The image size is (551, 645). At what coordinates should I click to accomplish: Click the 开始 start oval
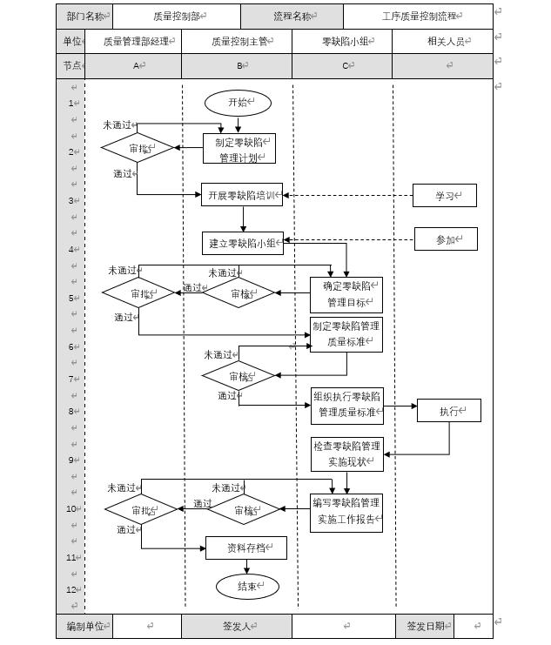(x=238, y=103)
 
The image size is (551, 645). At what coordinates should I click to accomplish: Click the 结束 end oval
(x=247, y=587)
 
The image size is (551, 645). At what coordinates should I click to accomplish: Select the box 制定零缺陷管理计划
(x=239, y=149)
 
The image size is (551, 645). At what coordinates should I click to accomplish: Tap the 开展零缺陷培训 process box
(x=242, y=195)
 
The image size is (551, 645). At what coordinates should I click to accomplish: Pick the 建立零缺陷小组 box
(x=243, y=243)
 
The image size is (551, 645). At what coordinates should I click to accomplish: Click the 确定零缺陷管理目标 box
(x=346, y=295)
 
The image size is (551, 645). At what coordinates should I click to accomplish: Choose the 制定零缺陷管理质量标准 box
(x=346, y=335)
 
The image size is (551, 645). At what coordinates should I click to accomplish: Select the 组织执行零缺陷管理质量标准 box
(x=346, y=404)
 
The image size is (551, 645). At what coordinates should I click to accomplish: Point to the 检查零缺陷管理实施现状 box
(x=346, y=454)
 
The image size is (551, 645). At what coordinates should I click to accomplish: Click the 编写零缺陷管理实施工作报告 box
(x=346, y=512)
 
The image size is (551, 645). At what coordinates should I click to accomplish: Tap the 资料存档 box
(x=245, y=548)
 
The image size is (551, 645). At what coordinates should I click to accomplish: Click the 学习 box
(x=445, y=196)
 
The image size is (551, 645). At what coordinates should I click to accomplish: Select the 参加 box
(x=446, y=239)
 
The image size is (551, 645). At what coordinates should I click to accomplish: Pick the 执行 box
(x=448, y=411)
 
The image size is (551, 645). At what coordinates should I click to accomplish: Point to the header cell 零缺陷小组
(x=341, y=41)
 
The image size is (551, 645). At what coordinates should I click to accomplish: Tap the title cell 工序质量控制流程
(x=418, y=16)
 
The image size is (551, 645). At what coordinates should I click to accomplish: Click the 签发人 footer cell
(x=236, y=626)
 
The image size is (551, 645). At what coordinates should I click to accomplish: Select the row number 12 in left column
(x=71, y=590)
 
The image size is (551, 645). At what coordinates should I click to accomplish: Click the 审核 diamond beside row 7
(x=239, y=377)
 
